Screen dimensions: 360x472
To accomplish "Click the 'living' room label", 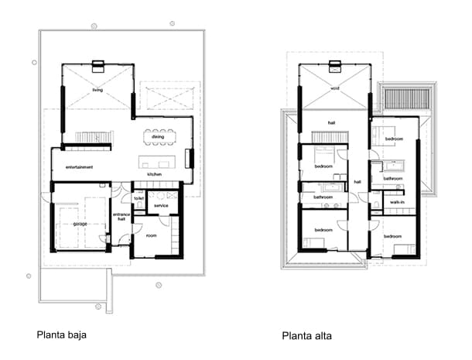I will coord(97,91).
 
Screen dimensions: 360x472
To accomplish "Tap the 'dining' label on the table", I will coord(158,137).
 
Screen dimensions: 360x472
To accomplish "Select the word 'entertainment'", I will coord(79,167).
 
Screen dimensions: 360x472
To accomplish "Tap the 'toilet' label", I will coord(139,198).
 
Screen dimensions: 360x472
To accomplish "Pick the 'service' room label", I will coord(161,205).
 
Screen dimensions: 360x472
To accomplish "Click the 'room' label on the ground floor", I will coord(151,235).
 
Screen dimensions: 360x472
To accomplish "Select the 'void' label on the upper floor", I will coord(334,88).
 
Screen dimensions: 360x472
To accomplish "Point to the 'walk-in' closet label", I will coord(397,203).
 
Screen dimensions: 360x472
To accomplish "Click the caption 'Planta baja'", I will coord(61,335).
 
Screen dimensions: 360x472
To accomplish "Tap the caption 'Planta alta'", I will coord(306,336).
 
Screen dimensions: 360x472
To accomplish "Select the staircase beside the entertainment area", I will coord(94,137).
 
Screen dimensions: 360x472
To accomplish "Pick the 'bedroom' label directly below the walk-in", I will coord(392,235).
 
